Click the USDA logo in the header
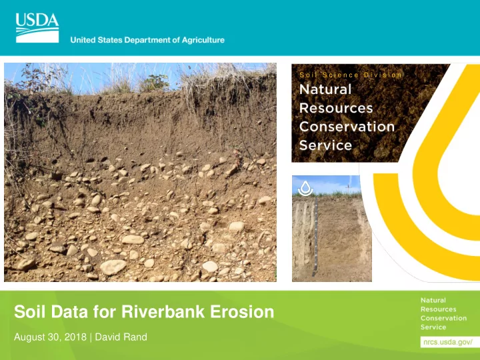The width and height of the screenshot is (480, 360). [x=37, y=28]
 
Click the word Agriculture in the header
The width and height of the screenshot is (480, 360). [x=203, y=40]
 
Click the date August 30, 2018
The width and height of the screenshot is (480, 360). [x=50, y=337]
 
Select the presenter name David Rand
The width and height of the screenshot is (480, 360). [x=121, y=337]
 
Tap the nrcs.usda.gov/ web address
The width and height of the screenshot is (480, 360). [x=448, y=342]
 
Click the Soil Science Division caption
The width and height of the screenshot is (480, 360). [x=350, y=75]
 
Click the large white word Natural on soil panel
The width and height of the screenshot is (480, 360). [x=325, y=89]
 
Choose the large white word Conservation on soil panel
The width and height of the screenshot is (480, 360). [x=347, y=127]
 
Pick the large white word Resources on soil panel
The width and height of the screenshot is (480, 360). [x=336, y=108]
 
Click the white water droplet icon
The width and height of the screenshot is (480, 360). [x=305, y=188]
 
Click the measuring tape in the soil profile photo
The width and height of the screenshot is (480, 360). [x=315, y=236]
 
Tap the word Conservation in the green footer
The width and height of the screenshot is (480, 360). [x=443, y=318]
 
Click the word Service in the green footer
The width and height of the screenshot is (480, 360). [x=433, y=327]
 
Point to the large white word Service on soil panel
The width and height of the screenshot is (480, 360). [x=325, y=145]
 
